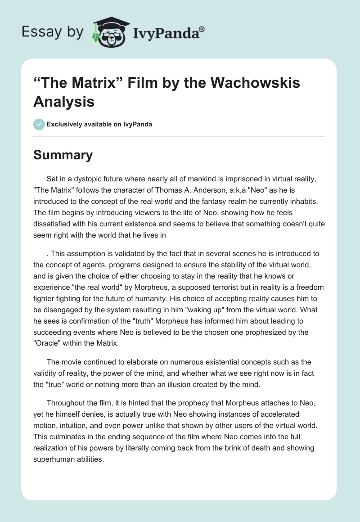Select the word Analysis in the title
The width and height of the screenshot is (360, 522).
point(64,102)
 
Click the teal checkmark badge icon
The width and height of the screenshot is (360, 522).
point(39,124)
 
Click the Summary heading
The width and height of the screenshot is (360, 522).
point(63,155)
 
